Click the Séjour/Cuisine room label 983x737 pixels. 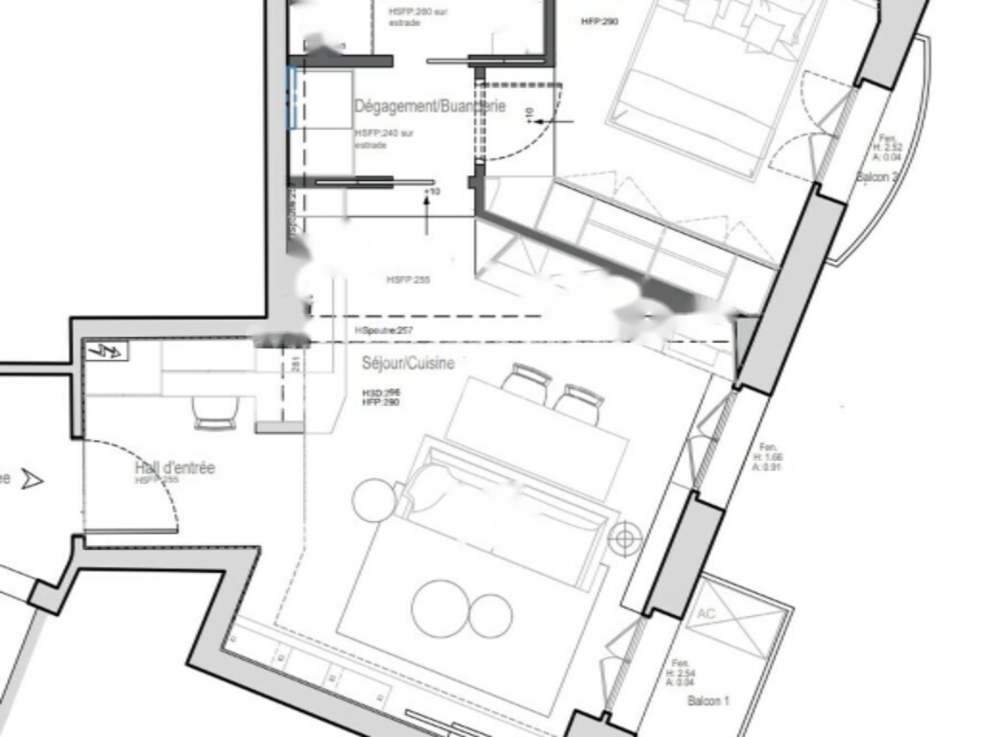[408, 364]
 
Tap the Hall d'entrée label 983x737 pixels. [175, 468]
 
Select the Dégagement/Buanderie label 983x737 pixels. [429, 107]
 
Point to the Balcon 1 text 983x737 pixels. [708, 702]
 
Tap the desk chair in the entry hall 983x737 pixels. [213, 414]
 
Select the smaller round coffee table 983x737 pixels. [491, 615]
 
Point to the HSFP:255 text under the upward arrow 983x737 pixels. [408, 280]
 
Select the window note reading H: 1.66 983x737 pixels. [768, 458]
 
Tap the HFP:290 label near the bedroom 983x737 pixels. [600, 20]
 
